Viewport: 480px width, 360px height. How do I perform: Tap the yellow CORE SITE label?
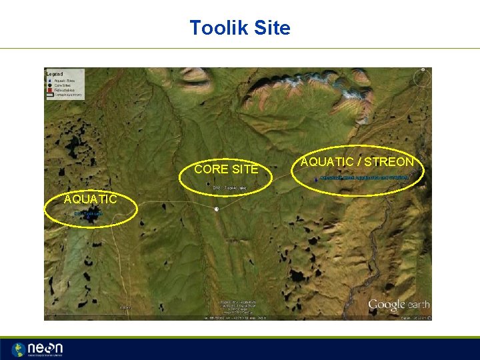click(x=226, y=169)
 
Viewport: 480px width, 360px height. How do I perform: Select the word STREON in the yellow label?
click(x=389, y=161)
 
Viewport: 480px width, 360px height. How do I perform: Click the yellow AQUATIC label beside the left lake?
click(x=90, y=199)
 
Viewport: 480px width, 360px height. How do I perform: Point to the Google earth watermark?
click(x=399, y=305)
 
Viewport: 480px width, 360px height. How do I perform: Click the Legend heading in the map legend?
click(x=55, y=73)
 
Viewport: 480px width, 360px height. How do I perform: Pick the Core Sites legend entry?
click(x=64, y=85)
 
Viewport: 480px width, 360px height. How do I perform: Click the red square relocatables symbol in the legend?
click(x=50, y=90)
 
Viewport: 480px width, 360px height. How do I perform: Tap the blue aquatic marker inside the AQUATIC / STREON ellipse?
click(x=316, y=178)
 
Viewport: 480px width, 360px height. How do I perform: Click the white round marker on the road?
click(x=217, y=209)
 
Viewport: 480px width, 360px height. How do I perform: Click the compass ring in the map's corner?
click(x=421, y=78)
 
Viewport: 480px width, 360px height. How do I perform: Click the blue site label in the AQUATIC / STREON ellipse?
click(x=363, y=177)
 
